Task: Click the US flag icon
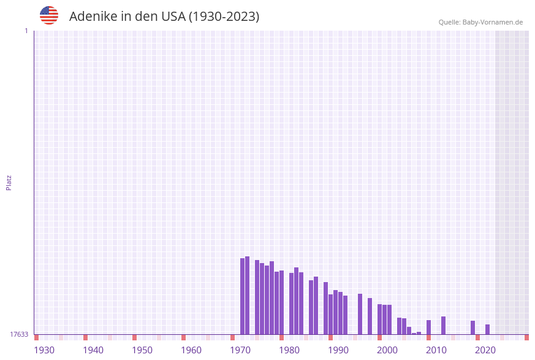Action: (49, 15)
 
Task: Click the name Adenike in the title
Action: (93, 17)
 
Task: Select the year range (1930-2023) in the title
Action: (224, 17)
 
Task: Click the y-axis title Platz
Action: (9, 182)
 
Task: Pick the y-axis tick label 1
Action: (26, 31)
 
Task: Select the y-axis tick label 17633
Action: (19, 334)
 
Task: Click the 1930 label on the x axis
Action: (44, 350)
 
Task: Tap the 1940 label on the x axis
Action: (93, 350)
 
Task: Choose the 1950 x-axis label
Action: (142, 350)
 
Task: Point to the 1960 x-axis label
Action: (191, 350)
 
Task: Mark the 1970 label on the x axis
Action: (240, 350)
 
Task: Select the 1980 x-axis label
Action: (289, 350)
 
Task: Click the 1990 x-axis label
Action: (338, 350)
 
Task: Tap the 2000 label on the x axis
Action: (387, 350)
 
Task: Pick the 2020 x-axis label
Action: (485, 350)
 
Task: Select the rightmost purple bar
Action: (488, 329)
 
